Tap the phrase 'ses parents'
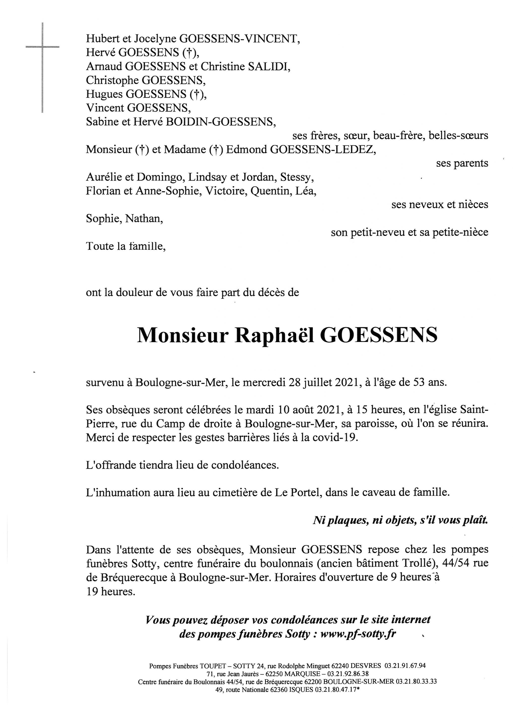(x=462, y=163)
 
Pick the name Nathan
(x=144, y=219)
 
